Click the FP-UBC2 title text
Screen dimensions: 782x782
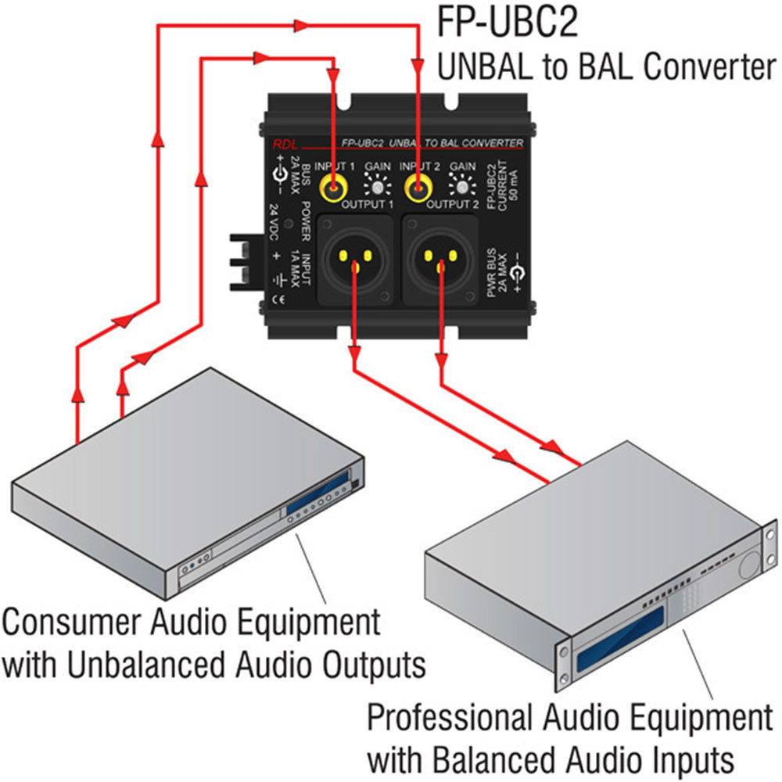click(508, 23)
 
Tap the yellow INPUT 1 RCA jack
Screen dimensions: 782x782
click(334, 188)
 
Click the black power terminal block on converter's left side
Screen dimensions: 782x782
click(241, 261)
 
